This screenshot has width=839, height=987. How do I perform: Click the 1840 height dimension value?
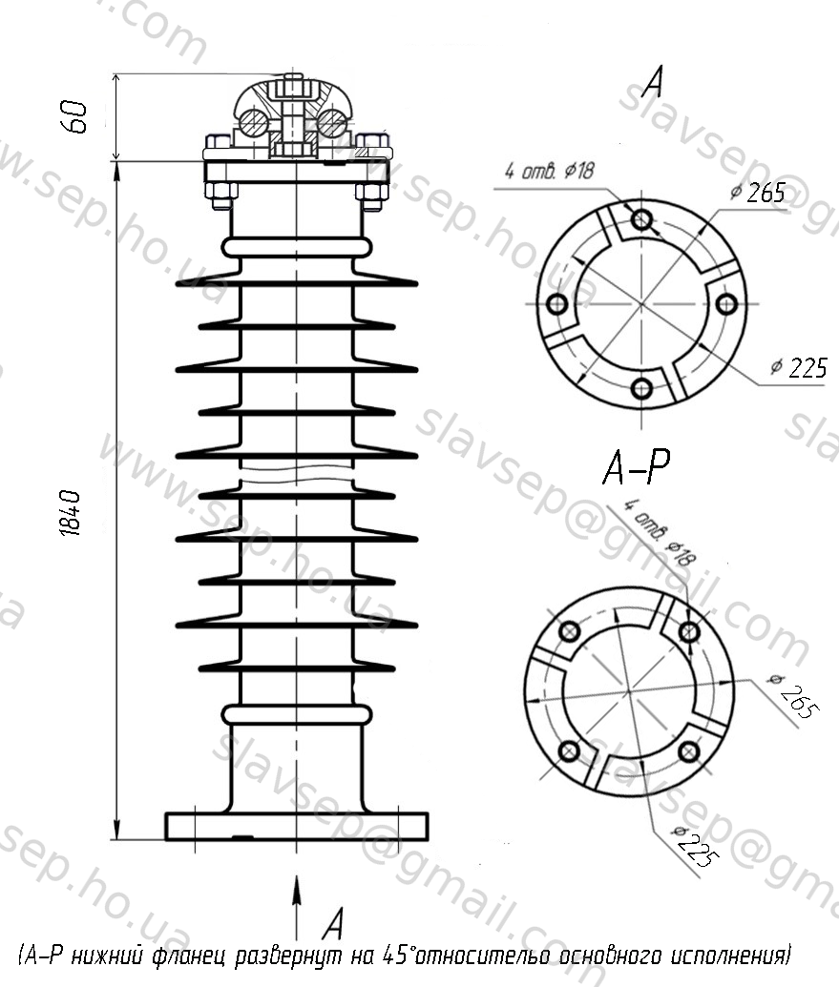[72, 514]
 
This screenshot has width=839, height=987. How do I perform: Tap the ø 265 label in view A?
[759, 193]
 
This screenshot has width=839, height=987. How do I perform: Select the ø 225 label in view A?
[799, 367]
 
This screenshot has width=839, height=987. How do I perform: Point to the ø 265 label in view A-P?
[793, 697]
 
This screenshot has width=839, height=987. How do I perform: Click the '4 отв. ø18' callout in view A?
[549, 171]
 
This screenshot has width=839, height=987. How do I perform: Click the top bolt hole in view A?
[641, 219]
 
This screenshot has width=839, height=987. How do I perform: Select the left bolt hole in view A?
[556, 304]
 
